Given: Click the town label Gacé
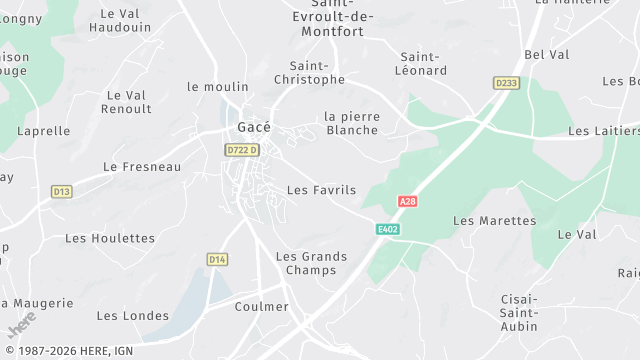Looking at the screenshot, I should point(254,127).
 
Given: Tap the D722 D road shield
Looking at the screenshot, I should point(242,150).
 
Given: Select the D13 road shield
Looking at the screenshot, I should point(62,191).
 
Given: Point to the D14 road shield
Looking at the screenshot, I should point(217,259).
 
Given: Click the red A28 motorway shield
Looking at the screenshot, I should point(407,201).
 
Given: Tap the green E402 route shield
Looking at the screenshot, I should point(388,229).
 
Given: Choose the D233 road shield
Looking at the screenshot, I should point(507,83).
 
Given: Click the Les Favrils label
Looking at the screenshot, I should point(321,189).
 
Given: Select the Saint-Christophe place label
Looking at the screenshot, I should point(310,72).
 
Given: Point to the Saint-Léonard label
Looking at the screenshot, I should point(423,64).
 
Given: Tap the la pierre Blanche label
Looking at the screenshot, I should point(352,123).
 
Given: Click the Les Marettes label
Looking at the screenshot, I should point(494,220).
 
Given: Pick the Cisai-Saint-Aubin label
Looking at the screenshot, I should point(518,313).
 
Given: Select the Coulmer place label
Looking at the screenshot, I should point(261,306).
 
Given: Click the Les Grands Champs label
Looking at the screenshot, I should point(311,263).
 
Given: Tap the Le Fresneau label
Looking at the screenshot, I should point(142,167).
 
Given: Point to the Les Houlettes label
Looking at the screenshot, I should point(110,238).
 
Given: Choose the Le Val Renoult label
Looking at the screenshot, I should point(127,102).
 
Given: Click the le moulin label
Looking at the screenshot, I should point(217,87).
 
